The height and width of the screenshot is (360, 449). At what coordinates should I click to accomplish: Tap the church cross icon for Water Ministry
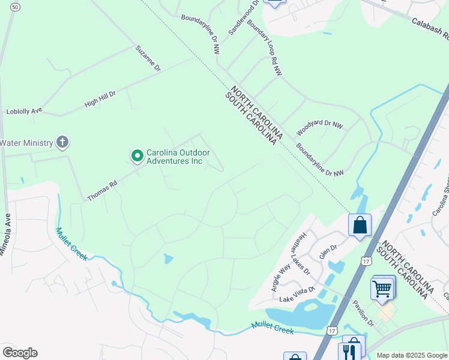[62, 143]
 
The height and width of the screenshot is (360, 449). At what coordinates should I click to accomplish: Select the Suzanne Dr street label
[148, 59]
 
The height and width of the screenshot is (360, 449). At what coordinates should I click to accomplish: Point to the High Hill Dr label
[100, 99]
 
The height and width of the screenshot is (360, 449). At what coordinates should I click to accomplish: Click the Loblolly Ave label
[24, 111]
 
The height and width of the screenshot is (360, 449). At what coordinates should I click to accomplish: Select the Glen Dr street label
[328, 250]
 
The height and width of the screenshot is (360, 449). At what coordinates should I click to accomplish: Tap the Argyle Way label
[280, 276]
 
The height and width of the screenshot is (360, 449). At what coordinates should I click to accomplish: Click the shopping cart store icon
[382, 289]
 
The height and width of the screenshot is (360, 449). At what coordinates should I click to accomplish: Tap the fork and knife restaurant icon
[348, 352]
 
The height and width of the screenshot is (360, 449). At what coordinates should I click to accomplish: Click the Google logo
[20, 353]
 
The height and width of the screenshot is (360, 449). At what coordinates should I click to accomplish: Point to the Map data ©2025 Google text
[412, 355]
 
